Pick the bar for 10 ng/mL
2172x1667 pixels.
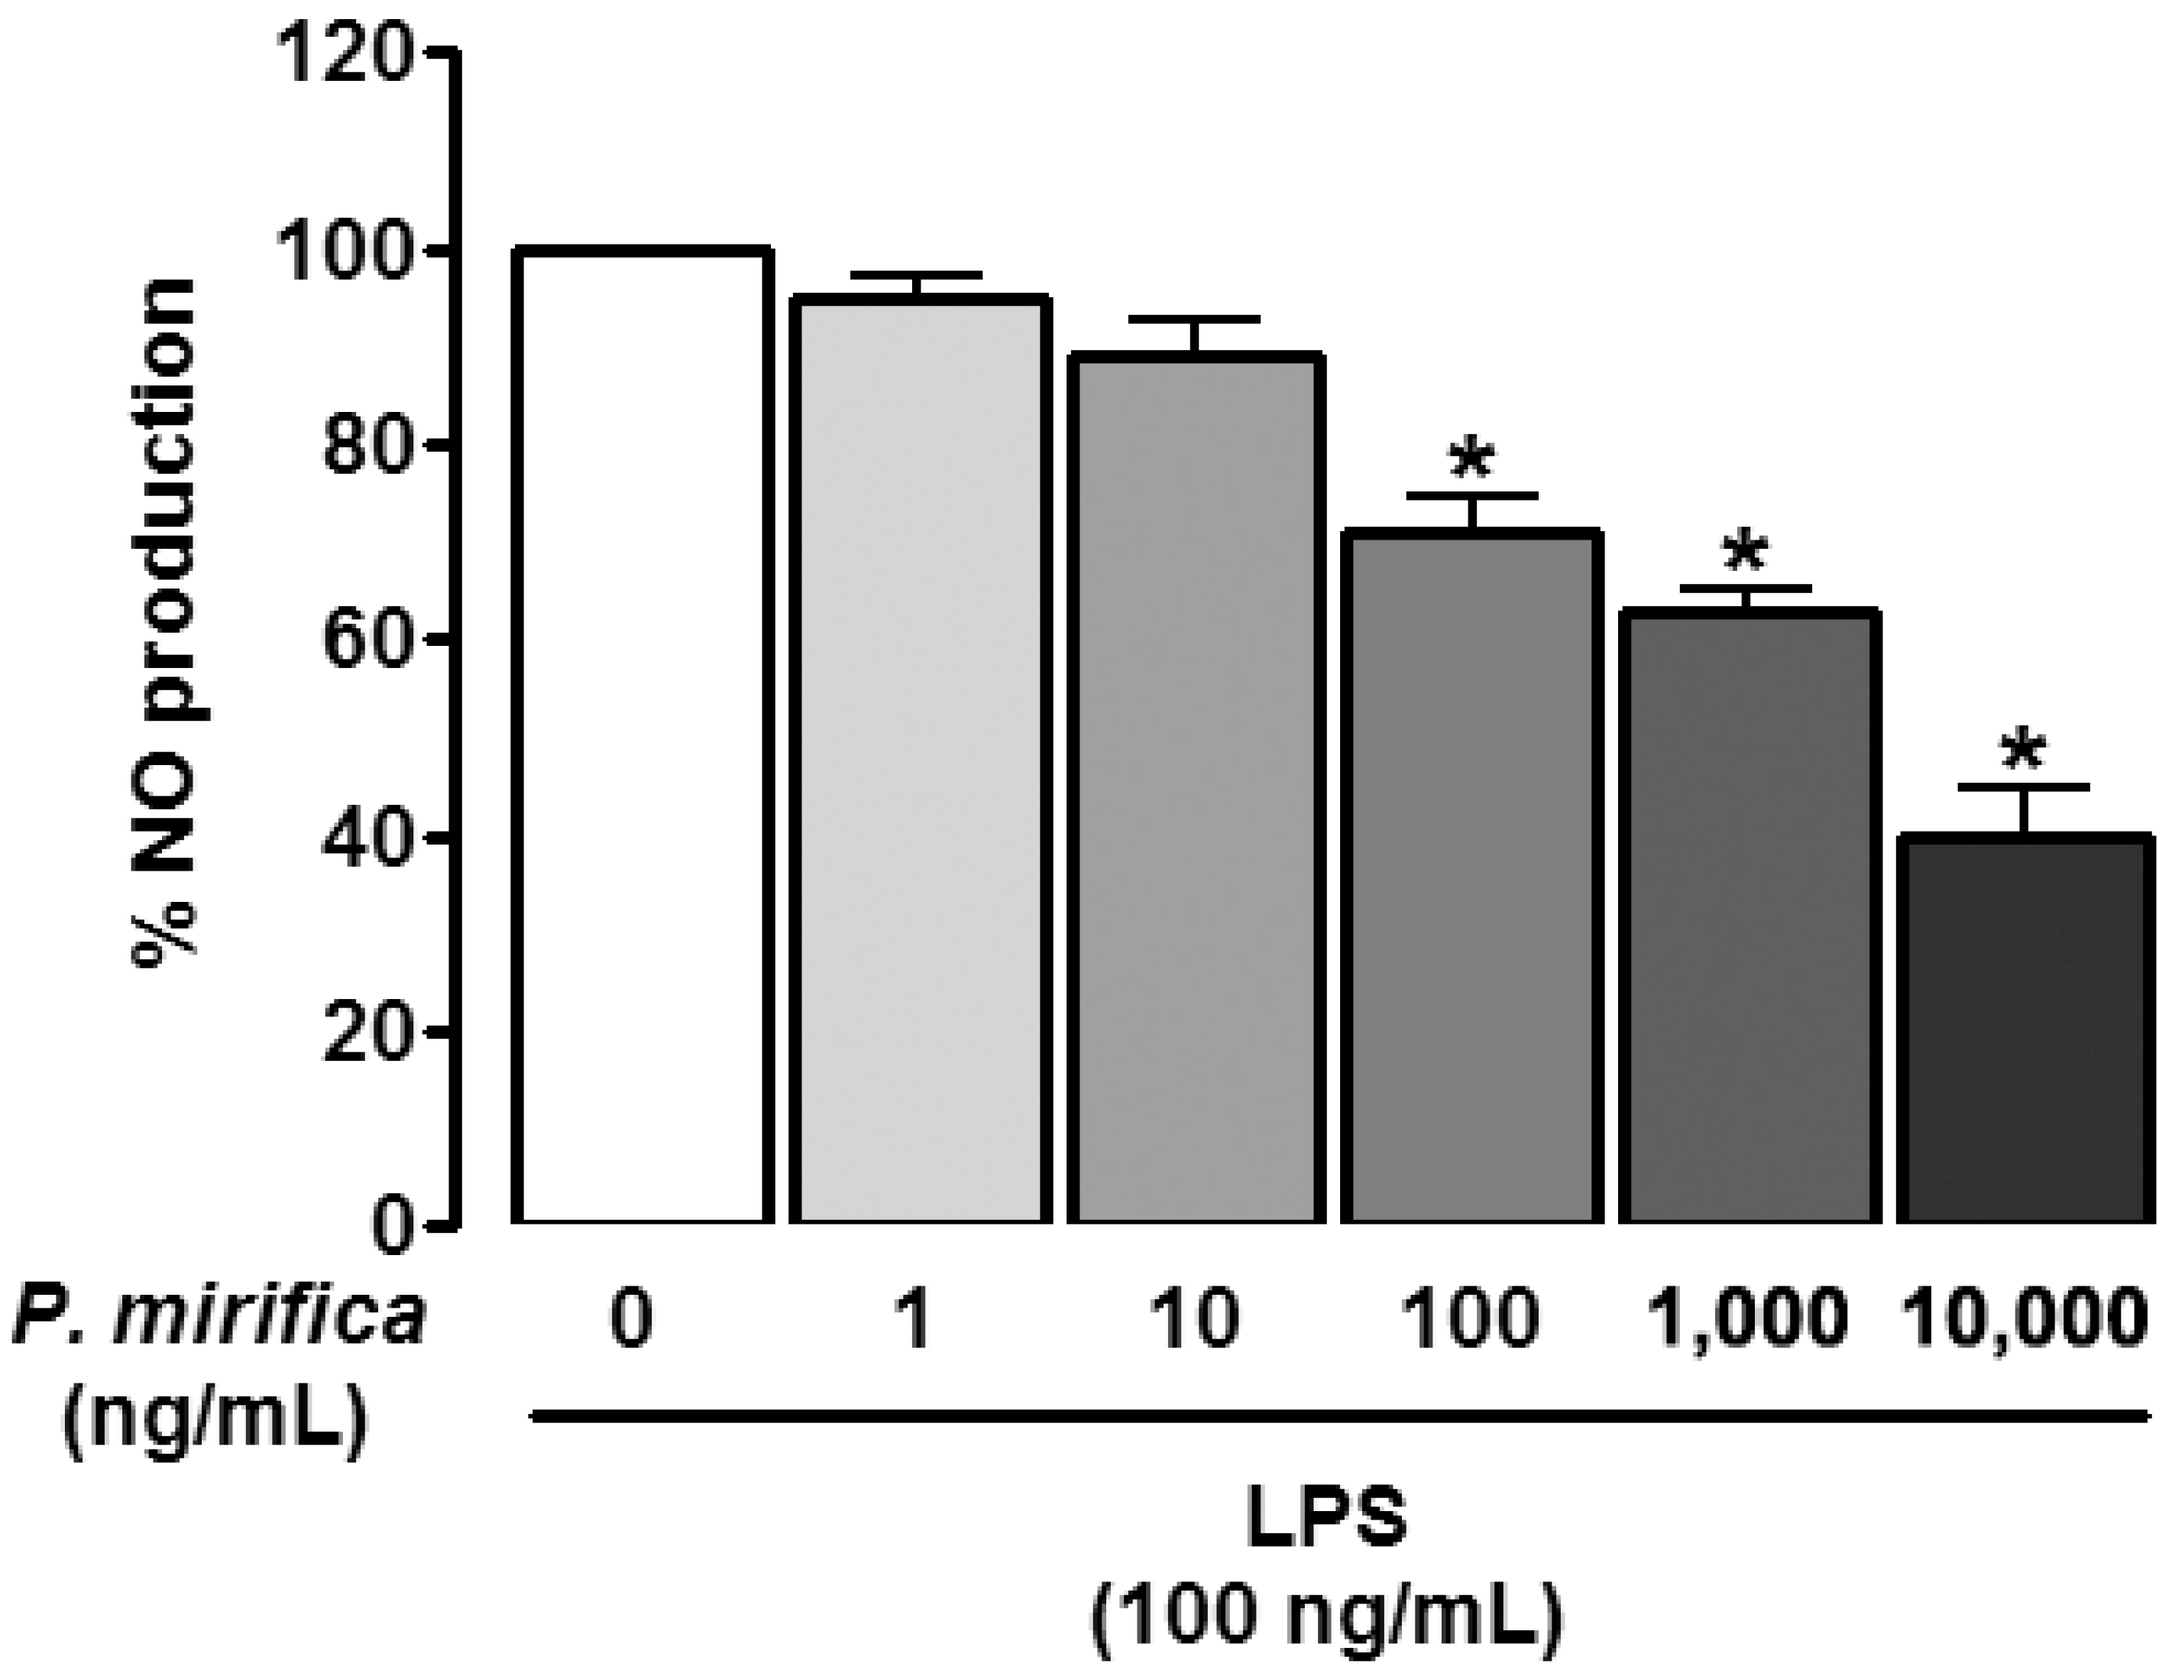1196,789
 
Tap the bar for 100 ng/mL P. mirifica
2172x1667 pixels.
1471,878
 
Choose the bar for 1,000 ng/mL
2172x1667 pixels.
1749,918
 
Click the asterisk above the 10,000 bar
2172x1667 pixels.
2023,752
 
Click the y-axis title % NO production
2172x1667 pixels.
163,615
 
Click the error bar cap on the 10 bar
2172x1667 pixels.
1196,319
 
